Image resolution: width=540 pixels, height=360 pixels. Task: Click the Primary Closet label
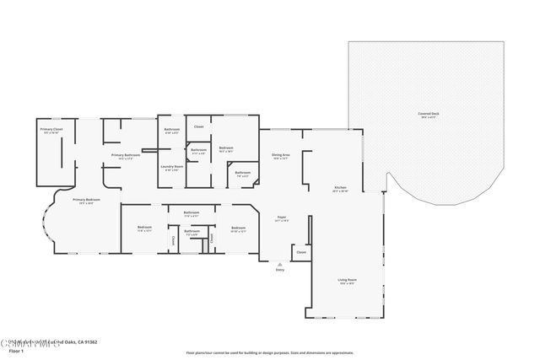(51, 131)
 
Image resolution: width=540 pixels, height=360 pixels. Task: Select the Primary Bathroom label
(125, 156)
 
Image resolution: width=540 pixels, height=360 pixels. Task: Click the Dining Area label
(281, 156)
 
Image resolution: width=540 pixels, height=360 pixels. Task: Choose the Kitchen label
(340, 188)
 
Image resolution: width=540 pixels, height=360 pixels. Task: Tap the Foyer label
(282, 218)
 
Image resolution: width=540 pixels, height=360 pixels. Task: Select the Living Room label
(347, 282)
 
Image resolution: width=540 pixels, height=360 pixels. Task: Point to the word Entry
(280, 270)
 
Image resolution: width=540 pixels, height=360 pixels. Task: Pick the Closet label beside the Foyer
(300, 252)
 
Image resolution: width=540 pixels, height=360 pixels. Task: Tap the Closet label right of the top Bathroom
(199, 126)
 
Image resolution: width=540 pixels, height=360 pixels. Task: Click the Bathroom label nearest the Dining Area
(243, 174)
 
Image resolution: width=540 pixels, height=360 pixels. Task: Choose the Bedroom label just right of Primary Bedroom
(144, 228)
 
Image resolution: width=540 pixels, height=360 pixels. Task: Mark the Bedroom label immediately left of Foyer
(239, 228)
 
